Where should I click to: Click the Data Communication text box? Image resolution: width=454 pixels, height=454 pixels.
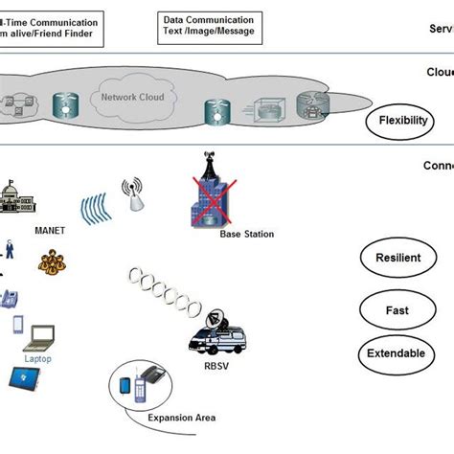coord(210,26)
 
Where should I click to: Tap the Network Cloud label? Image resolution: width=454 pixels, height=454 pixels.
coord(132,97)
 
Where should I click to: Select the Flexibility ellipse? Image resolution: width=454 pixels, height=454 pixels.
coord(402,121)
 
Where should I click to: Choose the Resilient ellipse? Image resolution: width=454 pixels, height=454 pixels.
coord(397,259)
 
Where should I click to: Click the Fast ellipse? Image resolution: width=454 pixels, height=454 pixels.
coord(397,309)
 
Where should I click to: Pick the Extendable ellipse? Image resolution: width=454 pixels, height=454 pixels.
coord(397,353)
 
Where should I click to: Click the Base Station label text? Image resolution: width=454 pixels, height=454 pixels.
coord(246,234)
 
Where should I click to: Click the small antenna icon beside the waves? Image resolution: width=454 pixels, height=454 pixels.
coord(134,196)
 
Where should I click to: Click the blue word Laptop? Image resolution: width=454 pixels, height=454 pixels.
coord(39,359)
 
